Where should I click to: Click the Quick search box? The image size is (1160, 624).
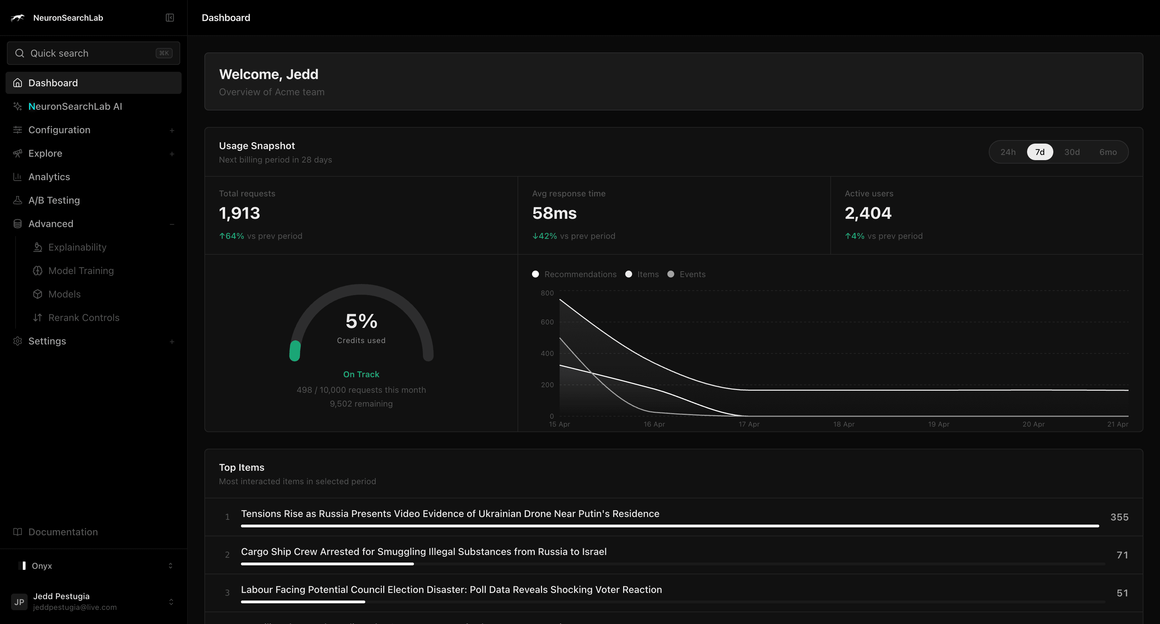(93, 53)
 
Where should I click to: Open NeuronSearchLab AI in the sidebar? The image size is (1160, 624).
(75, 106)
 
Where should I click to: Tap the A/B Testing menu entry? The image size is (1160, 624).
(54, 200)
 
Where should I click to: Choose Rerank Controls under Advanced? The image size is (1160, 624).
(84, 318)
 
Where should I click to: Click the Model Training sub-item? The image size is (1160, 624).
(81, 271)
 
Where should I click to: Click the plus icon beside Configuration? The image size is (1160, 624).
(172, 130)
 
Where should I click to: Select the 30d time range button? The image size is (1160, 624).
(1072, 152)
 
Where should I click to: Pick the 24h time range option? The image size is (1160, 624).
(1008, 152)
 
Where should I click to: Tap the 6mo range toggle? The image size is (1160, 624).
(1108, 152)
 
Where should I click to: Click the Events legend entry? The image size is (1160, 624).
(692, 274)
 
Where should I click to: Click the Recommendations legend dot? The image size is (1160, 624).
(535, 274)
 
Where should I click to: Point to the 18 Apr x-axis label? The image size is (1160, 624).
(843, 424)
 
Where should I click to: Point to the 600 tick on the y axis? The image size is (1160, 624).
(547, 322)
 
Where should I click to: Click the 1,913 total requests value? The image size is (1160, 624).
(240, 213)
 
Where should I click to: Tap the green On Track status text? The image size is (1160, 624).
(361, 374)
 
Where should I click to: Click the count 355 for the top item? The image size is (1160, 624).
(1119, 517)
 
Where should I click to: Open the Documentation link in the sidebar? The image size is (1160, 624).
(63, 532)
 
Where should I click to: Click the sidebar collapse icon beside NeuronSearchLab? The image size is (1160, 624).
(170, 18)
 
